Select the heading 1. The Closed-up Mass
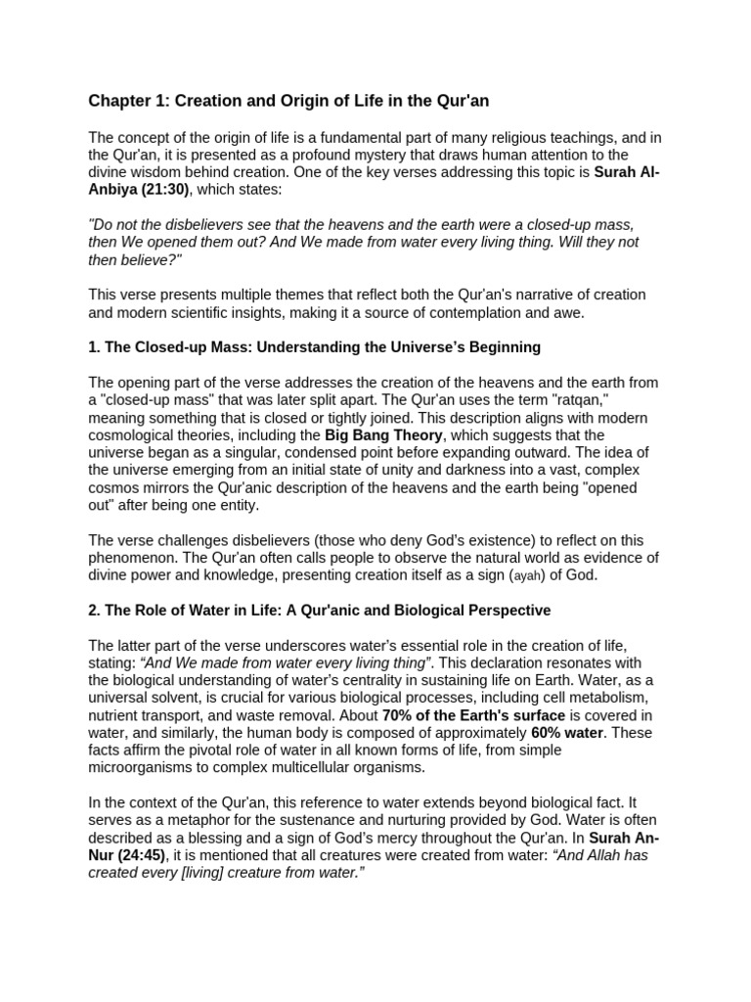coord(314,347)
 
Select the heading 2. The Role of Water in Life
coord(319,610)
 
